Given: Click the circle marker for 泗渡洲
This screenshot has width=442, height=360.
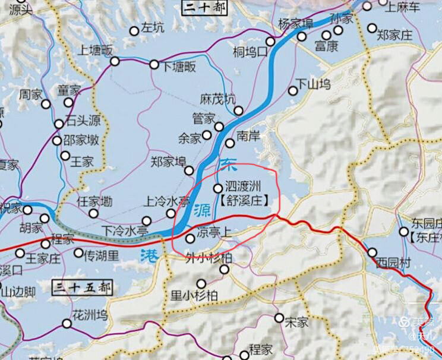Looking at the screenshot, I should click(x=217, y=189).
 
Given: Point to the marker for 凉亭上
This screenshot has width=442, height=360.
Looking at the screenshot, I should click(x=190, y=238).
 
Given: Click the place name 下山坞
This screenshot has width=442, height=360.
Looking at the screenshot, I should click(x=313, y=84).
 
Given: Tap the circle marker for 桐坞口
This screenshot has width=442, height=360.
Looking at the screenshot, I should click(x=270, y=42).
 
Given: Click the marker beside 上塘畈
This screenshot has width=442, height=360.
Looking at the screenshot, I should click(x=115, y=61).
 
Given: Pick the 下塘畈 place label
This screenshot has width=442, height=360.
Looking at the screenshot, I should click(x=179, y=67).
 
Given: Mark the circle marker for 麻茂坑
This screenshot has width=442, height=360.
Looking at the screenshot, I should click(x=238, y=110).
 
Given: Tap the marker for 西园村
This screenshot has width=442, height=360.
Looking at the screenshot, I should click(x=372, y=252).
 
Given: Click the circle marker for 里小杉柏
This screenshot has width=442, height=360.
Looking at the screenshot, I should click(x=201, y=284).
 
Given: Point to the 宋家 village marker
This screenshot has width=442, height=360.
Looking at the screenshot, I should click(x=279, y=318).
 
